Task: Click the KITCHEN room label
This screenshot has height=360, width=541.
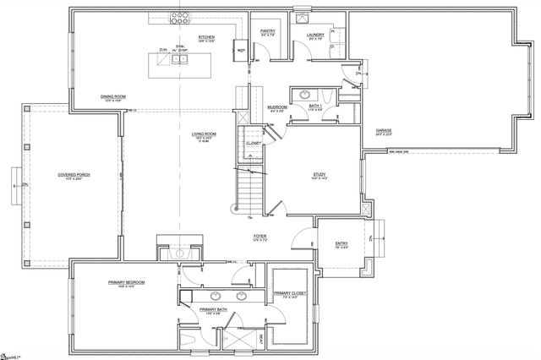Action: [205, 37]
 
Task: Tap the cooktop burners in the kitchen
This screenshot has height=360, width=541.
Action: [179, 14]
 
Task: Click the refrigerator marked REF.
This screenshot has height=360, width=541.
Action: [241, 50]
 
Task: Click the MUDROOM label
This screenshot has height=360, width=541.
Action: [276, 107]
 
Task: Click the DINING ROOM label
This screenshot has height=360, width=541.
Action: [112, 96]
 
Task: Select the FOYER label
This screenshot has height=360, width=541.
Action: [260, 237]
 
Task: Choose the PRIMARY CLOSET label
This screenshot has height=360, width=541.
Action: [289, 293]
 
